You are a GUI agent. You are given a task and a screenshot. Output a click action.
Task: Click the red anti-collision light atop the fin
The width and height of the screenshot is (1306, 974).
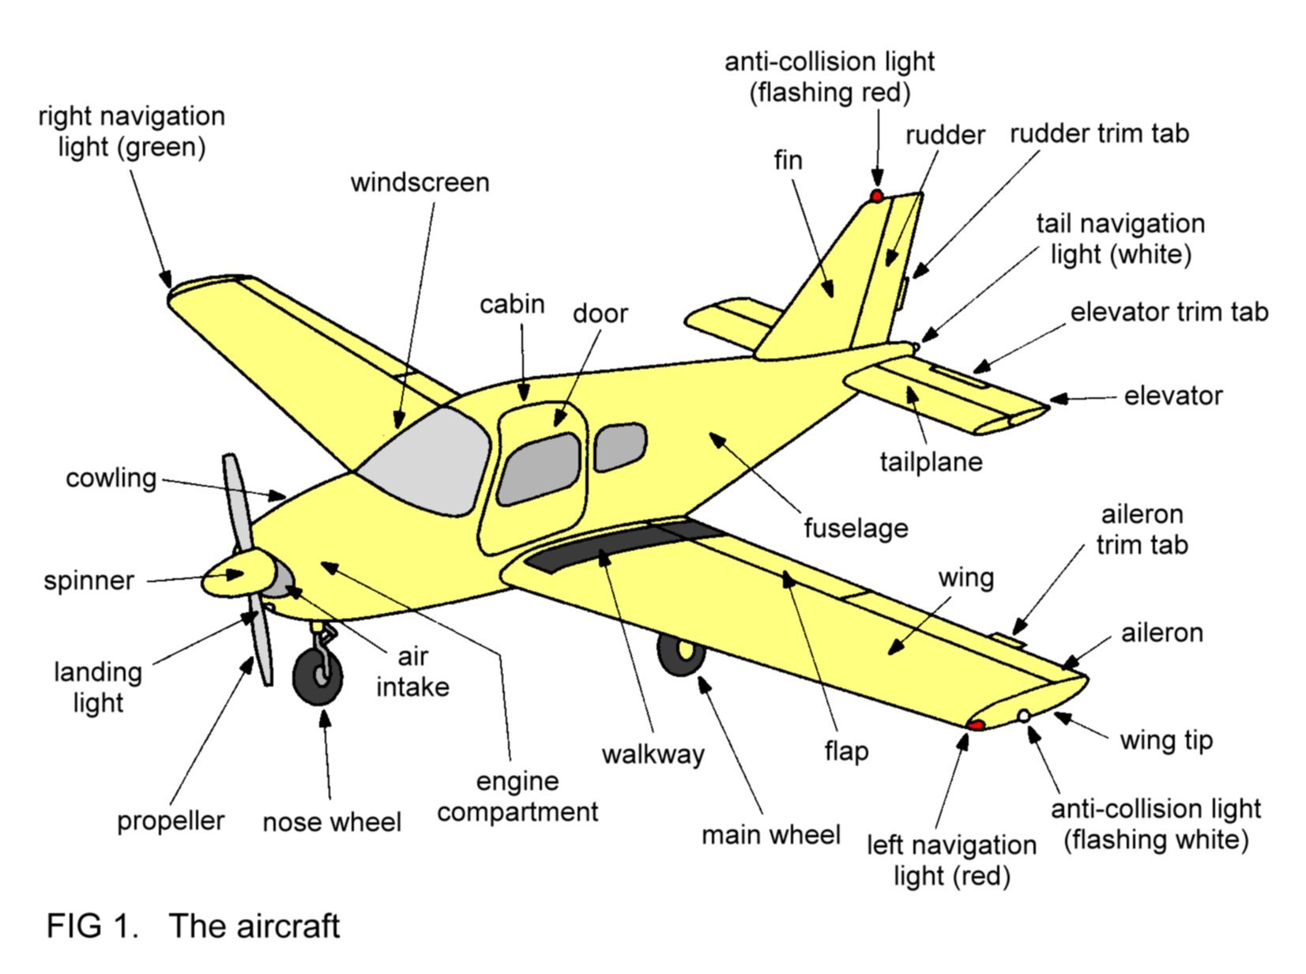[x=876, y=195]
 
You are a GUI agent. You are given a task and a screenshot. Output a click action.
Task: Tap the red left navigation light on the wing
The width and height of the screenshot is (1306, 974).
[x=977, y=724]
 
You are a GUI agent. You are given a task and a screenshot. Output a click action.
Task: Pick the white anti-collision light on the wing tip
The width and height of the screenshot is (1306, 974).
[x=1024, y=716]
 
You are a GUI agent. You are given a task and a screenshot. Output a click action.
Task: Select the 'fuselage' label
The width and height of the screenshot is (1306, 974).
[x=856, y=528]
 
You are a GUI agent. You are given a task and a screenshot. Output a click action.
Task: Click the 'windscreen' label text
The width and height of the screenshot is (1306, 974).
[x=420, y=182]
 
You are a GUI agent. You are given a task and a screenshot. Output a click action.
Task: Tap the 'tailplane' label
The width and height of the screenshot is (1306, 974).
[x=931, y=461]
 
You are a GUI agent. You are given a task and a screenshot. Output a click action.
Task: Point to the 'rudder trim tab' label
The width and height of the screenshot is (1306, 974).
[x=1098, y=134]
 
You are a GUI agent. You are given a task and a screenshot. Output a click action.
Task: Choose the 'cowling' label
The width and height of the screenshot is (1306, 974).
[x=111, y=478]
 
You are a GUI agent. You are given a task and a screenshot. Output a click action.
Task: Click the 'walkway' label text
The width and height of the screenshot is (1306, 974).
[x=653, y=754]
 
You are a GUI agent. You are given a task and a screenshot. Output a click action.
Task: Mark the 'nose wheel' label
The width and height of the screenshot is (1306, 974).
[x=332, y=822]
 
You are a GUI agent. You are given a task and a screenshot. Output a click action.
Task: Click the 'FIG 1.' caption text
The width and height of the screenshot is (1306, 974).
[x=92, y=925]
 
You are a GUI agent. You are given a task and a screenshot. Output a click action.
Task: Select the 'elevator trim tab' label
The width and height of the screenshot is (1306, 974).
[x=1169, y=312]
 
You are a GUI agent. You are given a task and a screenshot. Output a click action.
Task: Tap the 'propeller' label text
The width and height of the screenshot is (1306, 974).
[x=171, y=821]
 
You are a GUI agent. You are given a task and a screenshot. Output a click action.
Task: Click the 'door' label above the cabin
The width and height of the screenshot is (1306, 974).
[x=600, y=314]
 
